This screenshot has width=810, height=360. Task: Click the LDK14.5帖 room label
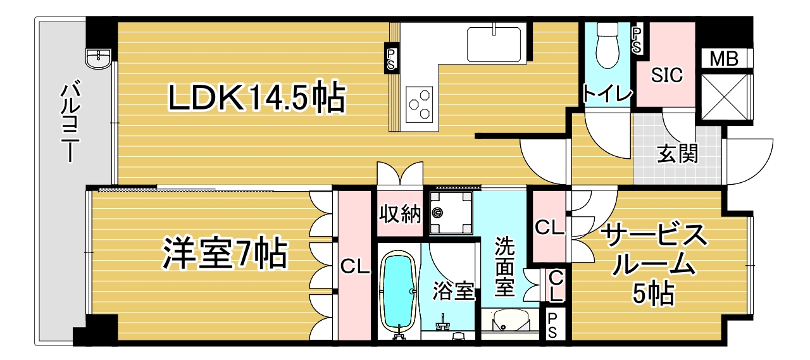click(x=257, y=97)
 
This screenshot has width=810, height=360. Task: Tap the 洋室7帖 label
click(x=225, y=253)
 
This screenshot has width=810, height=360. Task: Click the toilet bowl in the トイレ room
click(x=607, y=45)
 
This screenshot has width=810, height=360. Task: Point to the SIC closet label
click(x=667, y=75)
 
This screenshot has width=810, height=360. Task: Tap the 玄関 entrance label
click(x=677, y=154)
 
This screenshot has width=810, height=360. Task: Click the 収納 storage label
click(x=400, y=214)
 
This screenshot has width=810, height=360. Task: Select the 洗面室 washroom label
click(x=504, y=266)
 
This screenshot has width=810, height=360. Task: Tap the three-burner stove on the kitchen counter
click(x=420, y=104)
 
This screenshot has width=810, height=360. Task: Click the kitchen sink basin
click(x=494, y=44)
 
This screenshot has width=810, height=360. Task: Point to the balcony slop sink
click(x=98, y=59)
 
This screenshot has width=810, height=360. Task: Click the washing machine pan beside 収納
click(x=451, y=213)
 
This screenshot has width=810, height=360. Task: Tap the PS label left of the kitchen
click(x=391, y=59)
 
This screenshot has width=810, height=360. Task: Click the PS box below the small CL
click(x=553, y=325)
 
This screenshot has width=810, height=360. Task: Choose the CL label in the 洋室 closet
click(x=355, y=268)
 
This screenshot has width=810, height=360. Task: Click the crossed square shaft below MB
click(x=725, y=97)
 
